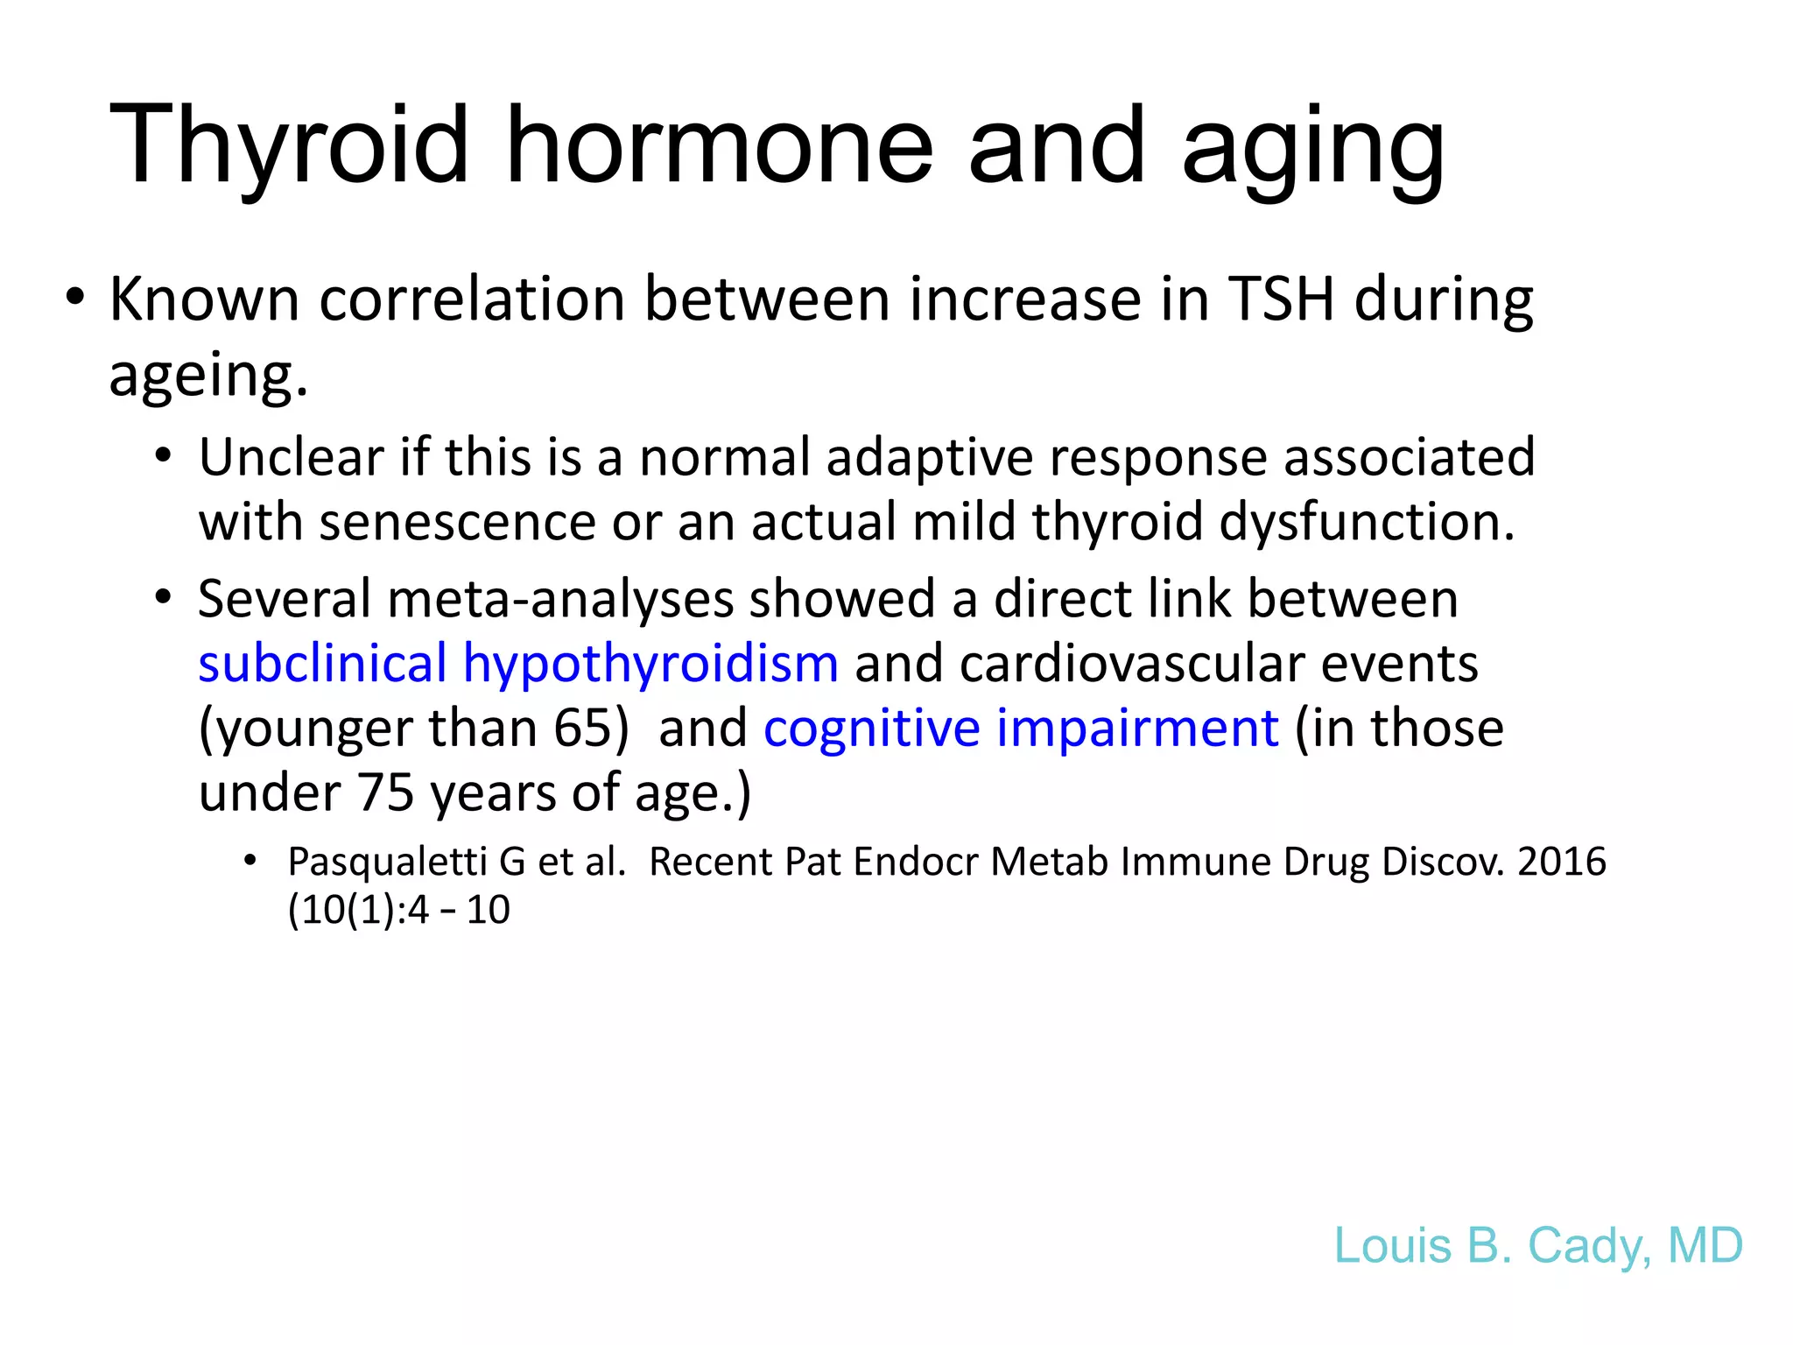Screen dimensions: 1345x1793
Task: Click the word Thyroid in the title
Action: coord(289,147)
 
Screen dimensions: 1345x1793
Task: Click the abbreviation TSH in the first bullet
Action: coord(1282,299)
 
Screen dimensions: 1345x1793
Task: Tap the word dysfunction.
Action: coord(1366,523)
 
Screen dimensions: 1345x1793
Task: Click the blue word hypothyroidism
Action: coord(650,664)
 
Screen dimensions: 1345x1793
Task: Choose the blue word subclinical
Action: coord(322,664)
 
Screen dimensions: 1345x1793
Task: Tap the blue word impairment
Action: coord(1137,729)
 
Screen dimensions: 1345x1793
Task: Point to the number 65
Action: coord(581,729)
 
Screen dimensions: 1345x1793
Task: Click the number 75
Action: coord(384,793)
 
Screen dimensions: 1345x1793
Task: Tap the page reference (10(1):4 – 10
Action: coord(398,911)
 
